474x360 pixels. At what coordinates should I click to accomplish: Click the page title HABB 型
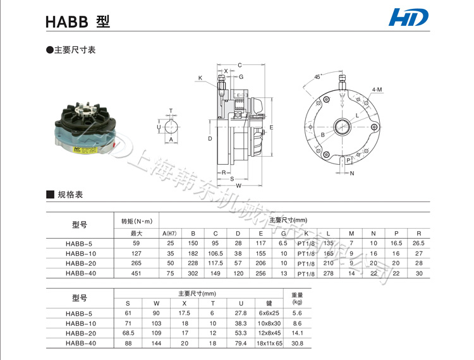pos(78,21)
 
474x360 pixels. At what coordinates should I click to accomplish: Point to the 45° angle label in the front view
pos(317,77)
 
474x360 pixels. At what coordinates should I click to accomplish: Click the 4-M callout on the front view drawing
pos(377,90)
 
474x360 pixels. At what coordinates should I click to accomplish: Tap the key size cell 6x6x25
pos(269,313)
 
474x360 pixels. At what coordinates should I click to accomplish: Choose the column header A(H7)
pos(169,233)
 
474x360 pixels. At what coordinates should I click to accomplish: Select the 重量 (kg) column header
pos(296,298)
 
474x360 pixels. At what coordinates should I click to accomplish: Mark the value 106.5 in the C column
pos(216,253)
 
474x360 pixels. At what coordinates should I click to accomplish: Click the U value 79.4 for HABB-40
pos(240,344)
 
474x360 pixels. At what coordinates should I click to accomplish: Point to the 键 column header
pos(269,303)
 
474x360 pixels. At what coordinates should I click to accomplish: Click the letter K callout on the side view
pos(200,78)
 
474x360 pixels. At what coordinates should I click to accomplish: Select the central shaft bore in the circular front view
pos(342,126)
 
